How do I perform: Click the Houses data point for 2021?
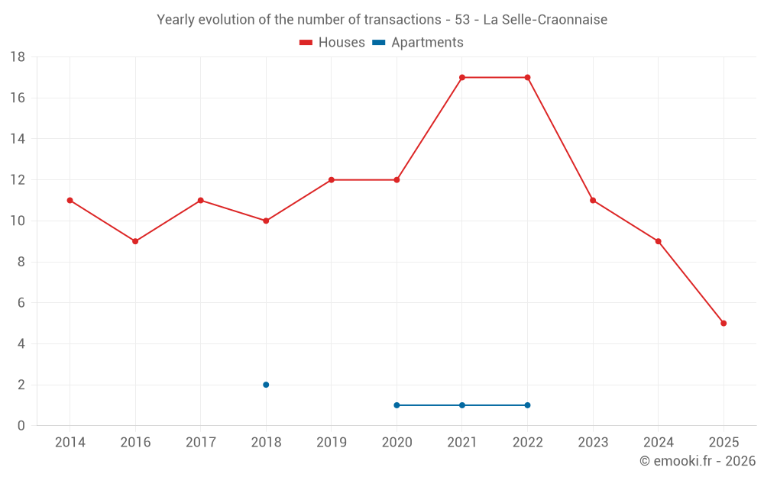tap(462, 77)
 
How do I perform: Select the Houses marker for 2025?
tap(724, 323)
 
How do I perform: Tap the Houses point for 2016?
tap(135, 241)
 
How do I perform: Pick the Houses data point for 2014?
tap(70, 201)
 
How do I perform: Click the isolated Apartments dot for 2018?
tap(266, 385)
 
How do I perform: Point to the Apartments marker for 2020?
tap(397, 405)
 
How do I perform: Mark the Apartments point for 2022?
tap(528, 405)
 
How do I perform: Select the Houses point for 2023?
tap(593, 201)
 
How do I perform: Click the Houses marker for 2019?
tap(332, 180)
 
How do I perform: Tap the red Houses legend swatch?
tap(306, 43)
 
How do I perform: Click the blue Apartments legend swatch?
tap(379, 43)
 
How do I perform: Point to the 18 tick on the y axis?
tap(18, 57)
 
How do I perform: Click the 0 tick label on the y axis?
tap(21, 425)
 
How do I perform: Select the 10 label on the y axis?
tap(18, 221)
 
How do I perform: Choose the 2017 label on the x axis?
tap(201, 442)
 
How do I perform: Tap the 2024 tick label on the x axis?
tap(659, 442)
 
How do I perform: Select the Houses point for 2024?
tap(659, 241)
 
